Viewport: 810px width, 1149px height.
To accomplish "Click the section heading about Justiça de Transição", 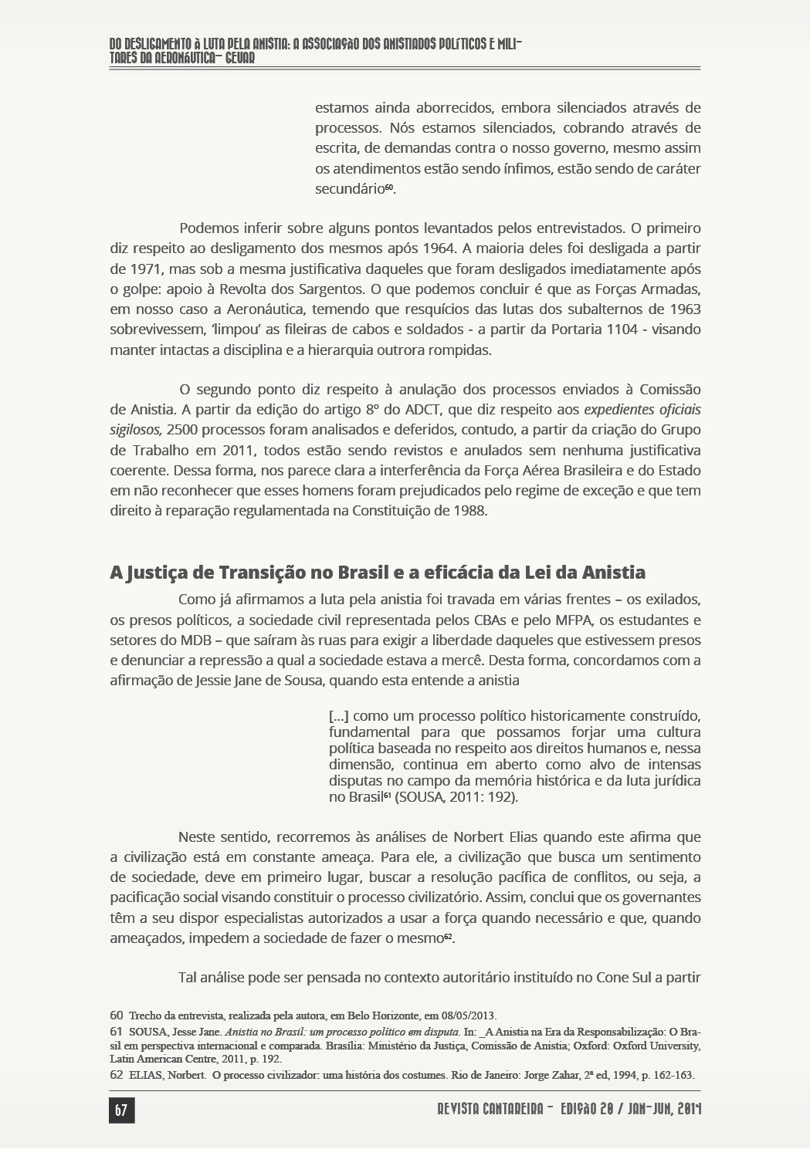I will [378, 573].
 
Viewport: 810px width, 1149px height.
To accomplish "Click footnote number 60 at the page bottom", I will [117, 1015].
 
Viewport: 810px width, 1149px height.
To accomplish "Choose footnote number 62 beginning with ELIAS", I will [117, 1075].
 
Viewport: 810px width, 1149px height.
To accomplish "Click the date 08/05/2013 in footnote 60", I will [469, 1015].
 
